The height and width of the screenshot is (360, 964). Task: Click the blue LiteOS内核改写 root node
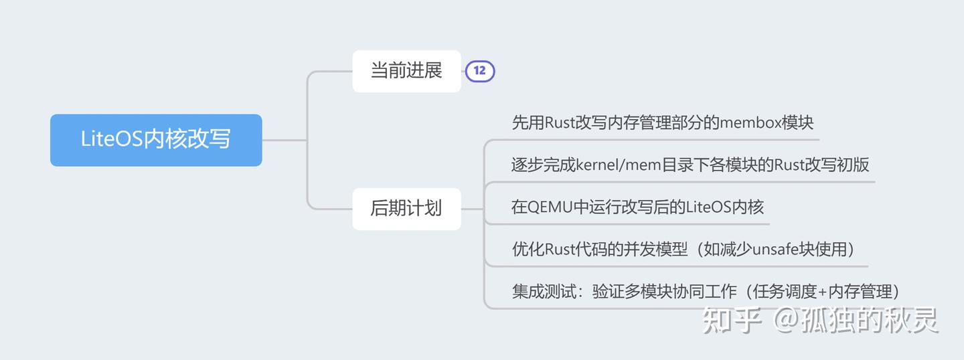point(155,140)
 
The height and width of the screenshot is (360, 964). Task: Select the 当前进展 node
point(406,71)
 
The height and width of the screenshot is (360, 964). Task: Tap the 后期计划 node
point(406,208)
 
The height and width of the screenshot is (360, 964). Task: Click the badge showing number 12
point(480,70)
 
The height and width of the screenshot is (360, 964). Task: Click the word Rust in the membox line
point(562,123)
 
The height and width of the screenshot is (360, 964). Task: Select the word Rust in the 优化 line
point(562,250)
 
